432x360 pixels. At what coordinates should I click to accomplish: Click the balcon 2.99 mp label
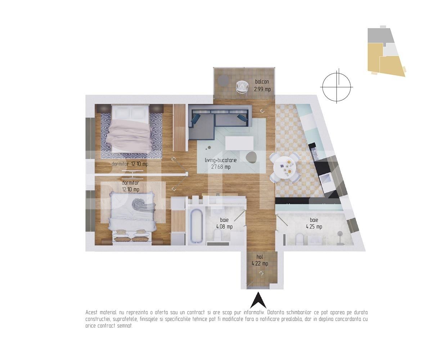(x=262, y=85)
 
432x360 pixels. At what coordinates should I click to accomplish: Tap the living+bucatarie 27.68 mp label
(x=221, y=163)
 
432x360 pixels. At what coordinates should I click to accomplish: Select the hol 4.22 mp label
(x=260, y=260)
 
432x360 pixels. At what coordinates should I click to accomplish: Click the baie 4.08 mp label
(x=224, y=223)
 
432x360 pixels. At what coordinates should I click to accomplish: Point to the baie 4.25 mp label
(x=314, y=223)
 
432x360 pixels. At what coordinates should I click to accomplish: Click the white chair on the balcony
(x=242, y=87)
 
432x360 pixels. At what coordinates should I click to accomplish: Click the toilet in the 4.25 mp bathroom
(x=299, y=239)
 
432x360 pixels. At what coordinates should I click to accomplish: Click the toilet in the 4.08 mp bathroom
(x=217, y=237)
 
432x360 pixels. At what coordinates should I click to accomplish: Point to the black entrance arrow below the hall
(x=258, y=300)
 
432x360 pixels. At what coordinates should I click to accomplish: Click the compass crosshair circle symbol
(x=336, y=87)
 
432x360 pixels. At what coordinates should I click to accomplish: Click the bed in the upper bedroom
(x=130, y=130)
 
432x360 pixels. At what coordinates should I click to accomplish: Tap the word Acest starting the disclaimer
(x=92, y=312)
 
